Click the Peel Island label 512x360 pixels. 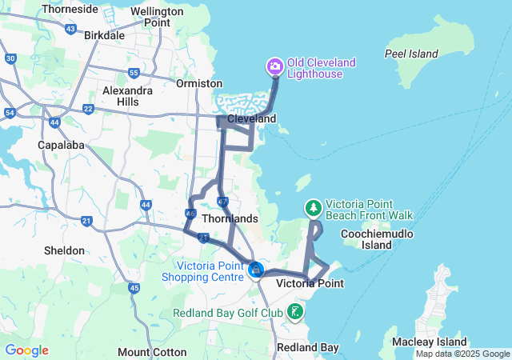coord(411,54)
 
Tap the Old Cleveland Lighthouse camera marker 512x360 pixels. coord(274,65)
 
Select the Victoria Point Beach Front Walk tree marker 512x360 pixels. coord(314,208)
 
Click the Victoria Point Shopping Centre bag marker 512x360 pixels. coord(255,270)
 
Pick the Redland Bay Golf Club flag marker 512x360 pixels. coord(295,311)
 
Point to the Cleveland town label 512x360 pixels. coord(251,118)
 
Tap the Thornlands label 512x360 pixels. coord(230,218)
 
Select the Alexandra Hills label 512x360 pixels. coord(127,96)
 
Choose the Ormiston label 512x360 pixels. coord(200,83)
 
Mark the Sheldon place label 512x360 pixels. coord(64,250)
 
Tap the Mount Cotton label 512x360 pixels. coord(152,352)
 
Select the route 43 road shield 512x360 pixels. coord(70,29)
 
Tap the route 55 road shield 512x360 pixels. coord(134,73)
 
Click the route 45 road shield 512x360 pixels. coord(134,288)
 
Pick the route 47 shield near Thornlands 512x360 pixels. coord(222,201)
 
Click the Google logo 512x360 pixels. coord(26,350)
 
